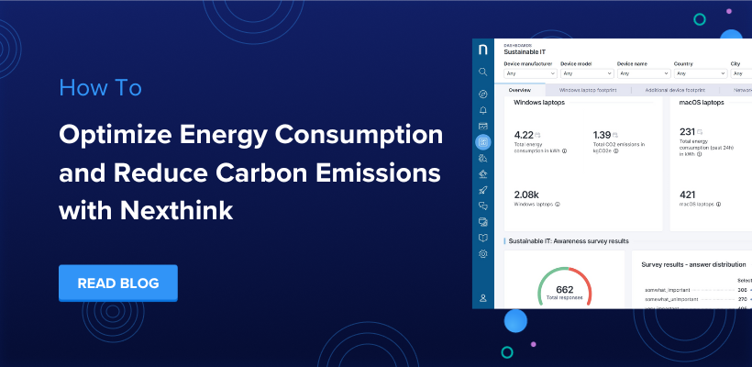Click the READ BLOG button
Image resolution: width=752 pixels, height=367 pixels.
[117, 284]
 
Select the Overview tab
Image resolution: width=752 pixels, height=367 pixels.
[519, 91]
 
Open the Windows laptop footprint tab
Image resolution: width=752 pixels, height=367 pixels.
[594, 91]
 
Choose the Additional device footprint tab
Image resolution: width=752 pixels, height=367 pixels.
[674, 91]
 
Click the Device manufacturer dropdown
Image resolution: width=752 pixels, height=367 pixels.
[528, 72]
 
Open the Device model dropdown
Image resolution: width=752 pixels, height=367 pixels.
[584, 72]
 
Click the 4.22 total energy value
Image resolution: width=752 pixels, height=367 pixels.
[526, 134]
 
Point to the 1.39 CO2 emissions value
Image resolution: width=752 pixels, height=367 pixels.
[603, 134]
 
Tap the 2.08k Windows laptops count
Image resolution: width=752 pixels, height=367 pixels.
[527, 194]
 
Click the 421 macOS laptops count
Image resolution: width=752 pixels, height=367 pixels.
[688, 194]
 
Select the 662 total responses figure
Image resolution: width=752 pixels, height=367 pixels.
[564, 290]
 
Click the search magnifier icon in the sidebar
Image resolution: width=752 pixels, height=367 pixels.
[483, 71]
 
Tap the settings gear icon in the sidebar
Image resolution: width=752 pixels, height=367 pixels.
[483, 253]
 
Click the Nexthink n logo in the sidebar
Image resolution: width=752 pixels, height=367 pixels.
[483, 50]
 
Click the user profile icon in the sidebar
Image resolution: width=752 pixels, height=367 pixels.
[483, 297]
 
